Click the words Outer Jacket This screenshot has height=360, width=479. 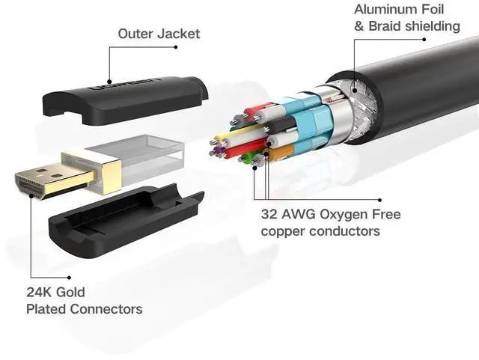[159, 34]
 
